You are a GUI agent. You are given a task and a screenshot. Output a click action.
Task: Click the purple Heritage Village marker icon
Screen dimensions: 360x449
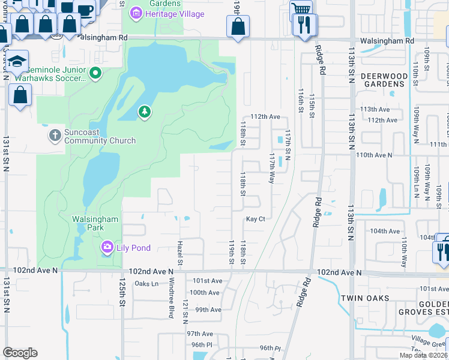pos(136,14)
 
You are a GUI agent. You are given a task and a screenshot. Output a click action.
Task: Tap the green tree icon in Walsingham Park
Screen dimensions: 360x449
pos(144,112)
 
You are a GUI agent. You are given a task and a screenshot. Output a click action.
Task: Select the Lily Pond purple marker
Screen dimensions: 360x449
pos(107,247)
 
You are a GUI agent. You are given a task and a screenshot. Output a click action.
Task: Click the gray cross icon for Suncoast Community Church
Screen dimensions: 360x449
pos(55,134)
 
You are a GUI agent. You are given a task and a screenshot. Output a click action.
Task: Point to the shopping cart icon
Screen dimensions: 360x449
pos(301,9)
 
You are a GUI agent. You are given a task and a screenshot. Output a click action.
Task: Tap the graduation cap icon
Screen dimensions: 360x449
pos(19,61)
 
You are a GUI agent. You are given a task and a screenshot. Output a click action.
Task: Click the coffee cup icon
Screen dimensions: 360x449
pos(85,10)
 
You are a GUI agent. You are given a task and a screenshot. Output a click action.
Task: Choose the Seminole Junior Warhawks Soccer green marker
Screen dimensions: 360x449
pos(95,73)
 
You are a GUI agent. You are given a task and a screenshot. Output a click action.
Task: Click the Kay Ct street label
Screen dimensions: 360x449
pos(255,220)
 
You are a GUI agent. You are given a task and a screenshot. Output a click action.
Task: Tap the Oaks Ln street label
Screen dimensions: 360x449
pos(146,284)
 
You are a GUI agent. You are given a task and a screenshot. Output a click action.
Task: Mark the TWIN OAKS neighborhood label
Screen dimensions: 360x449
pos(366,298)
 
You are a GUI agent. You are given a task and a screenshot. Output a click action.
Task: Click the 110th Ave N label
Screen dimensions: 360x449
pos(374,155)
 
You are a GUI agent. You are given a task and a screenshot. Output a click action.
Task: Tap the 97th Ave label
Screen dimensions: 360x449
pos(200,334)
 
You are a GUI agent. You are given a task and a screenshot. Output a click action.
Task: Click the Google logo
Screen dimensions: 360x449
pos(20,353)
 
